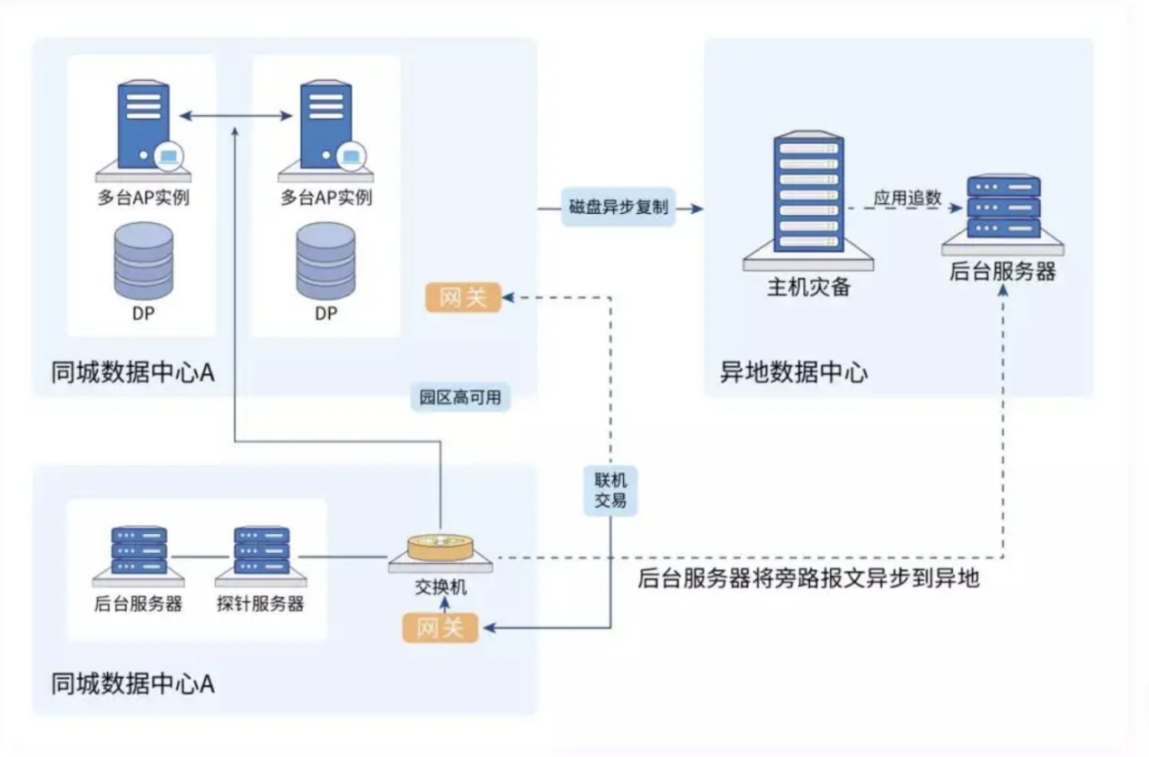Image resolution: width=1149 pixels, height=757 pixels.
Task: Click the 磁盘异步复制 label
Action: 618,208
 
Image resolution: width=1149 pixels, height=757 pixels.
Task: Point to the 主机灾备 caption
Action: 807,287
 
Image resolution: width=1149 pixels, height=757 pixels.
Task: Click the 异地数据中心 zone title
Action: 793,373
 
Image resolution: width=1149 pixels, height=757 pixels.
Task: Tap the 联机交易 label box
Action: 610,490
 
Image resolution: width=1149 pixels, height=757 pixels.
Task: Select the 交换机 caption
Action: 440,587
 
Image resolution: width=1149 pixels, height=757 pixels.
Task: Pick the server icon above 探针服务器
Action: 261,551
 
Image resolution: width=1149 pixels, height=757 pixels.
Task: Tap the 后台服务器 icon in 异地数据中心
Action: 1002,209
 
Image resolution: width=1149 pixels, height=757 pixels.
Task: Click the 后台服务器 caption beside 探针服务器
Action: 138,604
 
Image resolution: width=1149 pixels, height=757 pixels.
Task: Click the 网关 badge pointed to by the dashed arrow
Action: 463,297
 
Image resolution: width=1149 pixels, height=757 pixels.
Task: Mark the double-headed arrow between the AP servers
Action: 233,116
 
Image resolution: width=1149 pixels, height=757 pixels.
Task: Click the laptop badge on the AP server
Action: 167,155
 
